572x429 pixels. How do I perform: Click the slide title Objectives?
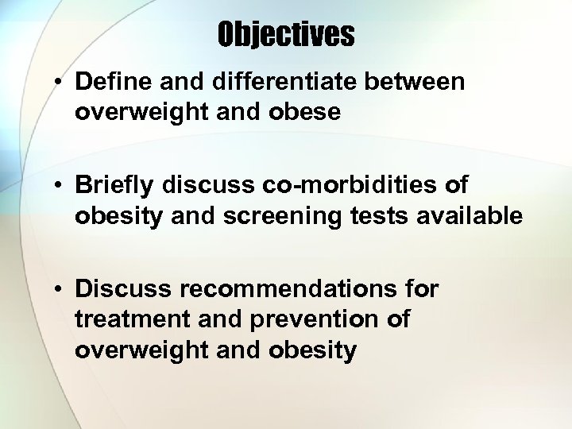[286, 34]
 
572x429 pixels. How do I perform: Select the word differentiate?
[298, 82]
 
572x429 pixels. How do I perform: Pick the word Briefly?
[116, 185]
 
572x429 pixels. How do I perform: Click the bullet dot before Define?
[60, 83]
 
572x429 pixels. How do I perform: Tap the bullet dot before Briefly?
[60, 186]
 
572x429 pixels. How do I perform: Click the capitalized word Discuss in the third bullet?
[118, 289]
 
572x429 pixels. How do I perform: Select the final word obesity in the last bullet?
[312, 350]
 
